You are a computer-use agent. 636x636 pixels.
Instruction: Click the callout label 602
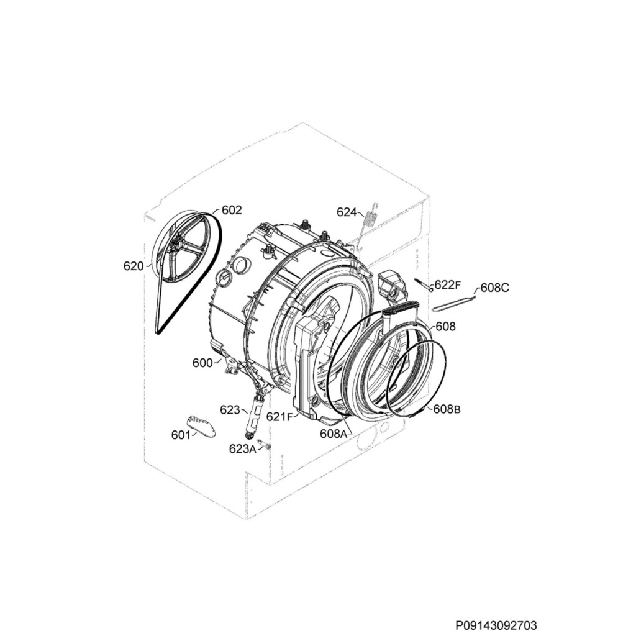232,210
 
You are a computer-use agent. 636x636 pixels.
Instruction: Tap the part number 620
134,266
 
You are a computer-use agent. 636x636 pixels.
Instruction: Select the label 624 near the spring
347,212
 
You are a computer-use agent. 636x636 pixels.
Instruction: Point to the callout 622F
447,285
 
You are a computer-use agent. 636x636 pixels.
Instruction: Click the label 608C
495,288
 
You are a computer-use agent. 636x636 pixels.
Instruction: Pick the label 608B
447,409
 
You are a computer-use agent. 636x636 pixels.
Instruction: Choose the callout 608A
334,434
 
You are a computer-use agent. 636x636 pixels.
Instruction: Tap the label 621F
279,417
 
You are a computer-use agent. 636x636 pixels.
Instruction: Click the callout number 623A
243,448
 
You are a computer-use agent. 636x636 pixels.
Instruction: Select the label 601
181,435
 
